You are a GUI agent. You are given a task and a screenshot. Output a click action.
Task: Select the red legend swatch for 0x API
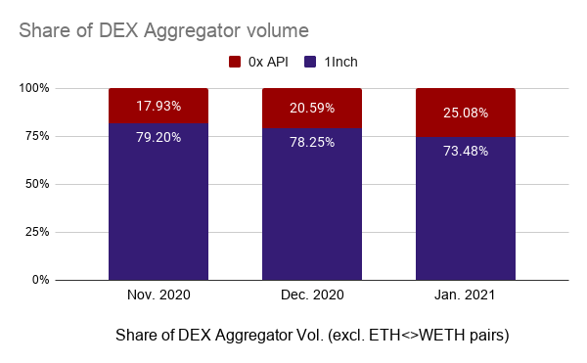tap(235, 62)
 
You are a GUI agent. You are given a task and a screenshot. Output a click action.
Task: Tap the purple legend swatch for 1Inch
tap(308, 62)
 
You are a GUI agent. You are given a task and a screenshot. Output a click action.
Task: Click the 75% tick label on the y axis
tap(64, 136)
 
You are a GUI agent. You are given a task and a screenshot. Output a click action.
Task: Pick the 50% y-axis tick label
tap(64, 184)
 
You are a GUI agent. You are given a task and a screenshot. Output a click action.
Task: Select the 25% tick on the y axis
tap(64, 232)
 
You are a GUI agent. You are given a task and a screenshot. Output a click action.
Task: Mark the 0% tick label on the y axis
tap(67, 280)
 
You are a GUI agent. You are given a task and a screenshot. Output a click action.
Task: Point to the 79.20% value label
tap(158, 137)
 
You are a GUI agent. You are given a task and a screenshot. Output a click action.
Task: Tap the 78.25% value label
tap(311, 142)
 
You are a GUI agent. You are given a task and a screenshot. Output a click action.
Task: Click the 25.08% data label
tap(465, 113)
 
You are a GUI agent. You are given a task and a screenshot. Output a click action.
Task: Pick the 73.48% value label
tap(465, 150)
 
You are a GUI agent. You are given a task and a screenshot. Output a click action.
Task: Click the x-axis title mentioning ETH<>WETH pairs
tap(311, 336)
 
